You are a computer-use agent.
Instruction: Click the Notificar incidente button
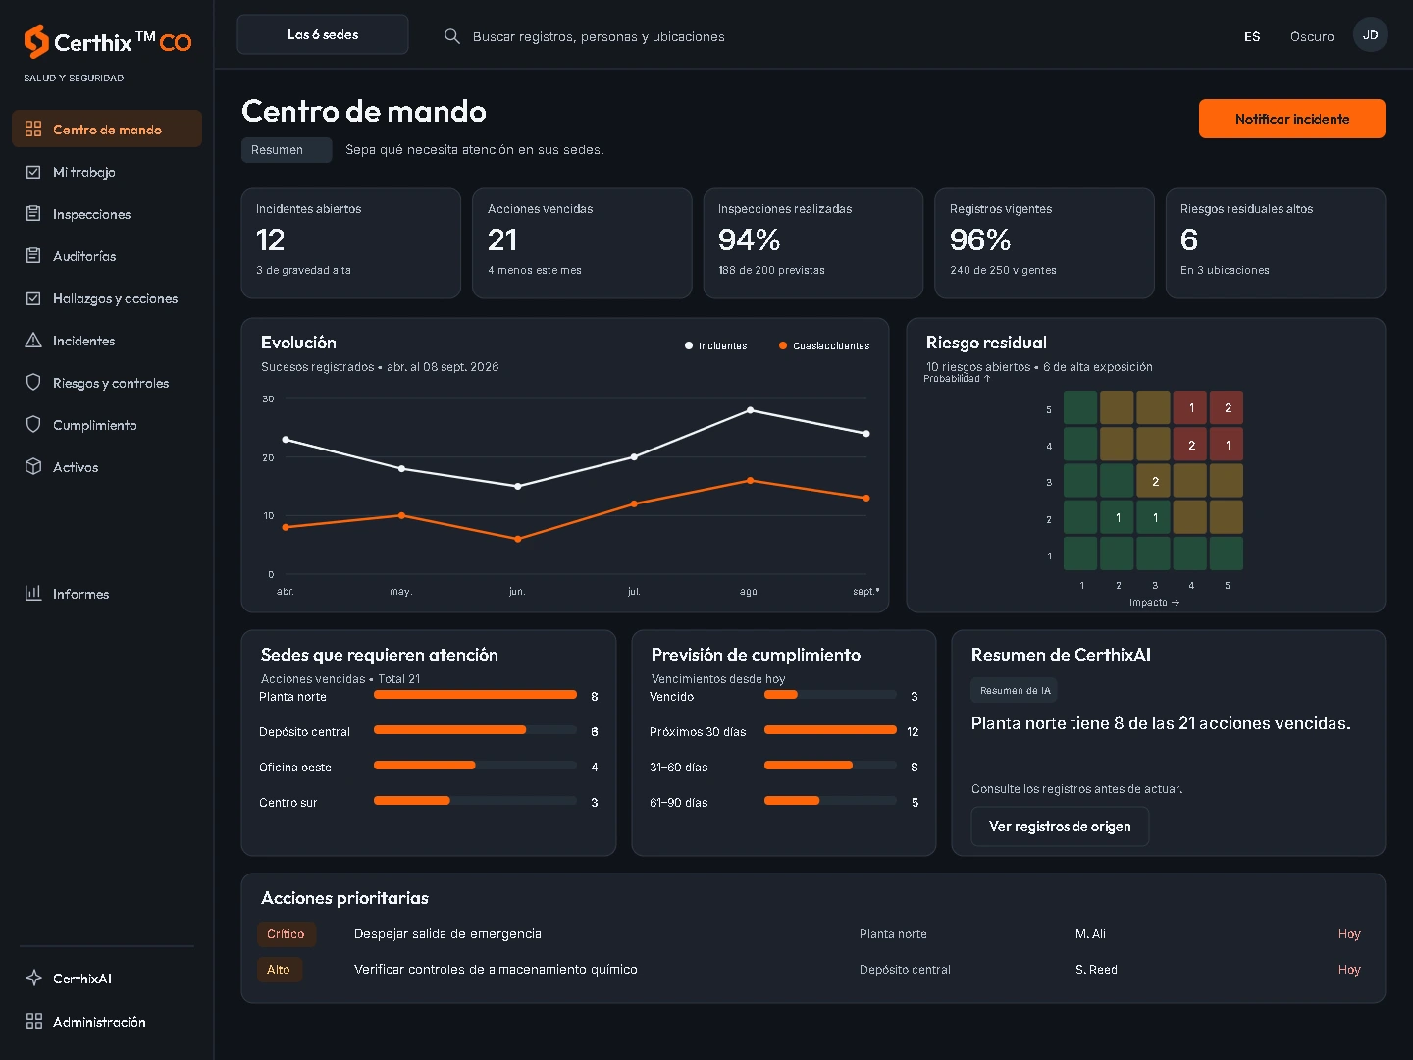pyautogui.click(x=1291, y=119)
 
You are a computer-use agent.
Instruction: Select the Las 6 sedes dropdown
pyautogui.click(x=323, y=34)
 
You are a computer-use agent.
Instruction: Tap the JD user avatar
pyautogui.click(x=1370, y=35)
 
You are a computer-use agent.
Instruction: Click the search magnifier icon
pyautogui.click(x=452, y=36)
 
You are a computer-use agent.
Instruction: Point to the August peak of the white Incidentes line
pyautogui.click(x=750, y=410)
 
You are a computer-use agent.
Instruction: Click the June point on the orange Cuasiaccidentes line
pyautogui.click(x=517, y=539)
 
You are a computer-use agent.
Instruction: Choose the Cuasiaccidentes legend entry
pyautogui.click(x=824, y=345)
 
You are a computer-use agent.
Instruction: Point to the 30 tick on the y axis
pyautogui.click(x=268, y=399)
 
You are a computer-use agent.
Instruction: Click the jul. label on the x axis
pyautogui.click(x=634, y=592)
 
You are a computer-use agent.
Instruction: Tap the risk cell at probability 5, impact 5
pyautogui.click(x=1227, y=408)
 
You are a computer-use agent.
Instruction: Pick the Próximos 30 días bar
pyautogui.click(x=830, y=730)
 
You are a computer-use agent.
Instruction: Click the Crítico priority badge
pyautogui.click(x=286, y=933)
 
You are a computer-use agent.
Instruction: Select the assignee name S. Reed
pyautogui.click(x=1096, y=970)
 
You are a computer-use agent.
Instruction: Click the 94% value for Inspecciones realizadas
pyautogui.click(x=749, y=240)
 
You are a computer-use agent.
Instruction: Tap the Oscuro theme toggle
pyautogui.click(x=1311, y=36)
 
